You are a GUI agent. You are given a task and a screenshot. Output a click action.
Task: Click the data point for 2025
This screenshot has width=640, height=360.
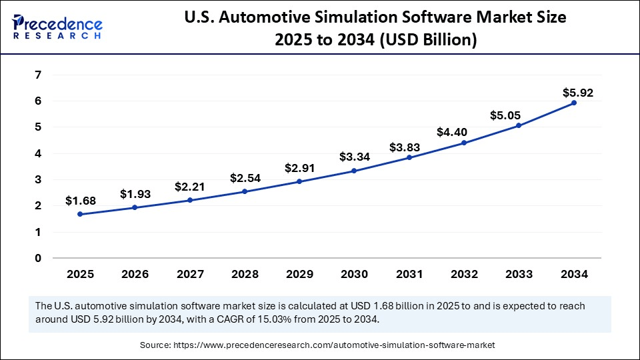(x=80, y=214)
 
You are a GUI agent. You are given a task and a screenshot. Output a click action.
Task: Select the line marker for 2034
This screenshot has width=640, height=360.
(x=573, y=103)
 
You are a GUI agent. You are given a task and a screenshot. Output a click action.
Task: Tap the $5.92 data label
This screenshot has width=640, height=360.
(x=577, y=93)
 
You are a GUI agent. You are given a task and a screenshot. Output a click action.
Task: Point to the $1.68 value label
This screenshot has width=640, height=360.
(x=81, y=201)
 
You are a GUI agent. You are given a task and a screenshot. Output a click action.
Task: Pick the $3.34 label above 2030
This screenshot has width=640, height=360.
(x=353, y=157)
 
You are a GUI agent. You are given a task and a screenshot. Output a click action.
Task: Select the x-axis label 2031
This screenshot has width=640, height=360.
(x=409, y=274)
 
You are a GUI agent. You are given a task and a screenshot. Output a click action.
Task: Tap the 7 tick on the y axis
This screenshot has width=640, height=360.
(x=38, y=75)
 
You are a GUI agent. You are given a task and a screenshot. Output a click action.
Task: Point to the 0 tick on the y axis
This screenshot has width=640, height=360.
(x=38, y=259)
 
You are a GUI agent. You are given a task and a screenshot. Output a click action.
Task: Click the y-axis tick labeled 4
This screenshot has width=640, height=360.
(x=38, y=153)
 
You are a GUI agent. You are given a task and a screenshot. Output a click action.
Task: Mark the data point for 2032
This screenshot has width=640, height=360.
(x=463, y=143)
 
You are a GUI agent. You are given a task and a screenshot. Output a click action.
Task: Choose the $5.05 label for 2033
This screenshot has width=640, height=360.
(x=518, y=115)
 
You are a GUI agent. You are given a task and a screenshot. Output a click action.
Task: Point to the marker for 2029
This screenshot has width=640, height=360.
(x=299, y=181)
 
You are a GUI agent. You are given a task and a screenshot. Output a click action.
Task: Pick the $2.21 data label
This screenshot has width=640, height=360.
(x=190, y=187)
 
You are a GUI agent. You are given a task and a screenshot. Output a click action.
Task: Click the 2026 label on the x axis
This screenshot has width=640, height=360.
(x=135, y=274)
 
